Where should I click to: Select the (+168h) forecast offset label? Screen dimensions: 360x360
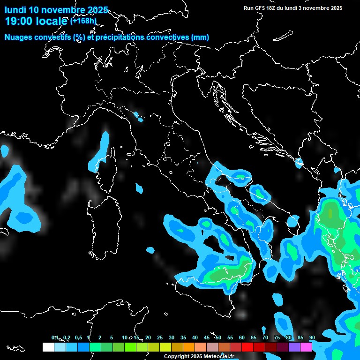click(x=83, y=20)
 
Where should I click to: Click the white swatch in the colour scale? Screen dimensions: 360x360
click(x=48, y=347)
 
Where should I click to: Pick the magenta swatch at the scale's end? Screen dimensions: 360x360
click(x=306, y=347)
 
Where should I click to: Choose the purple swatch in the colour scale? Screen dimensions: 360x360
click(x=294, y=347)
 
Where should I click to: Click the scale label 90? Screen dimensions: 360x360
click(x=312, y=338)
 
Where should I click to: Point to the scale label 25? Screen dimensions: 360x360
click(x=160, y=338)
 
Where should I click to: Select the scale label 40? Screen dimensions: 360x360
click(x=195, y=338)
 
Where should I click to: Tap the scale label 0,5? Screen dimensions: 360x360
click(x=78, y=338)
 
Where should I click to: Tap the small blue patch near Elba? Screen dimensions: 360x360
click(x=139, y=188)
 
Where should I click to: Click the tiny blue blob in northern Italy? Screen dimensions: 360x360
click(x=136, y=115)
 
